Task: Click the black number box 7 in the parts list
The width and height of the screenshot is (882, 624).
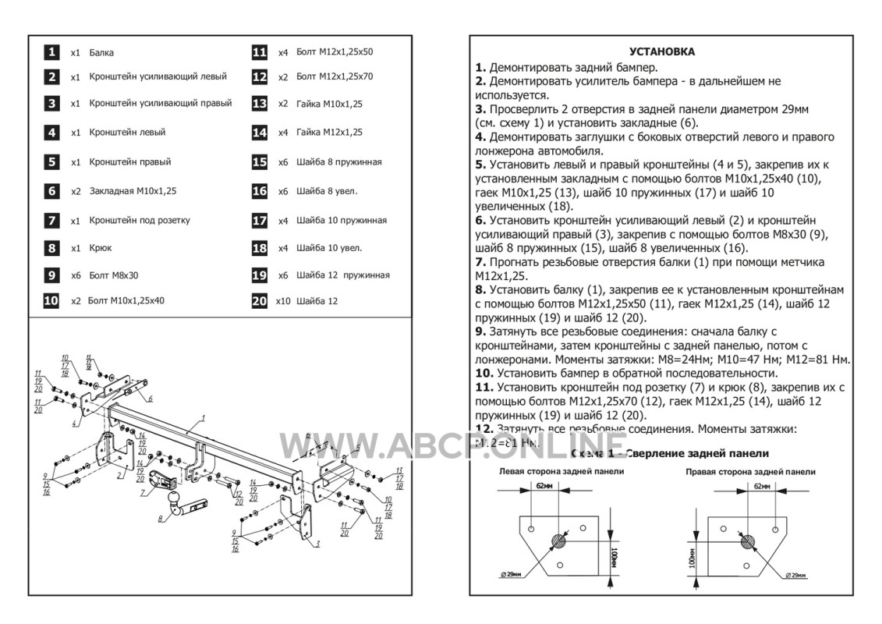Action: point(51,221)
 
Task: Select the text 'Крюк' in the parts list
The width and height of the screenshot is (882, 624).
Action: point(101,248)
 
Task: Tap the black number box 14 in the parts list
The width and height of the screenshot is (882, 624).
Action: point(260,133)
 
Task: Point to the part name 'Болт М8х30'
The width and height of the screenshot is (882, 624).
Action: point(114,275)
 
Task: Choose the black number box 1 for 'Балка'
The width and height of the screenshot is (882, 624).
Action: point(51,52)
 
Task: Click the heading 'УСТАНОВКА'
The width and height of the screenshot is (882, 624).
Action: point(662,51)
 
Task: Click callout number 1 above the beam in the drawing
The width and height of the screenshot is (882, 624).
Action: point(201,419)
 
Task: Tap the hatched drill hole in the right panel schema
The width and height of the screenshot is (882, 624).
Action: point(748,540)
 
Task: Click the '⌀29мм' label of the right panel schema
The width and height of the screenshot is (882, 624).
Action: point(795,575)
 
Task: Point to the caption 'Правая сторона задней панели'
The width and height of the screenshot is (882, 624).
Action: point(750,472)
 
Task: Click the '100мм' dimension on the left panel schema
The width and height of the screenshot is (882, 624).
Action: point(614,556)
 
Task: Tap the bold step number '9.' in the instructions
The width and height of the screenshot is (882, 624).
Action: point(480,331)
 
